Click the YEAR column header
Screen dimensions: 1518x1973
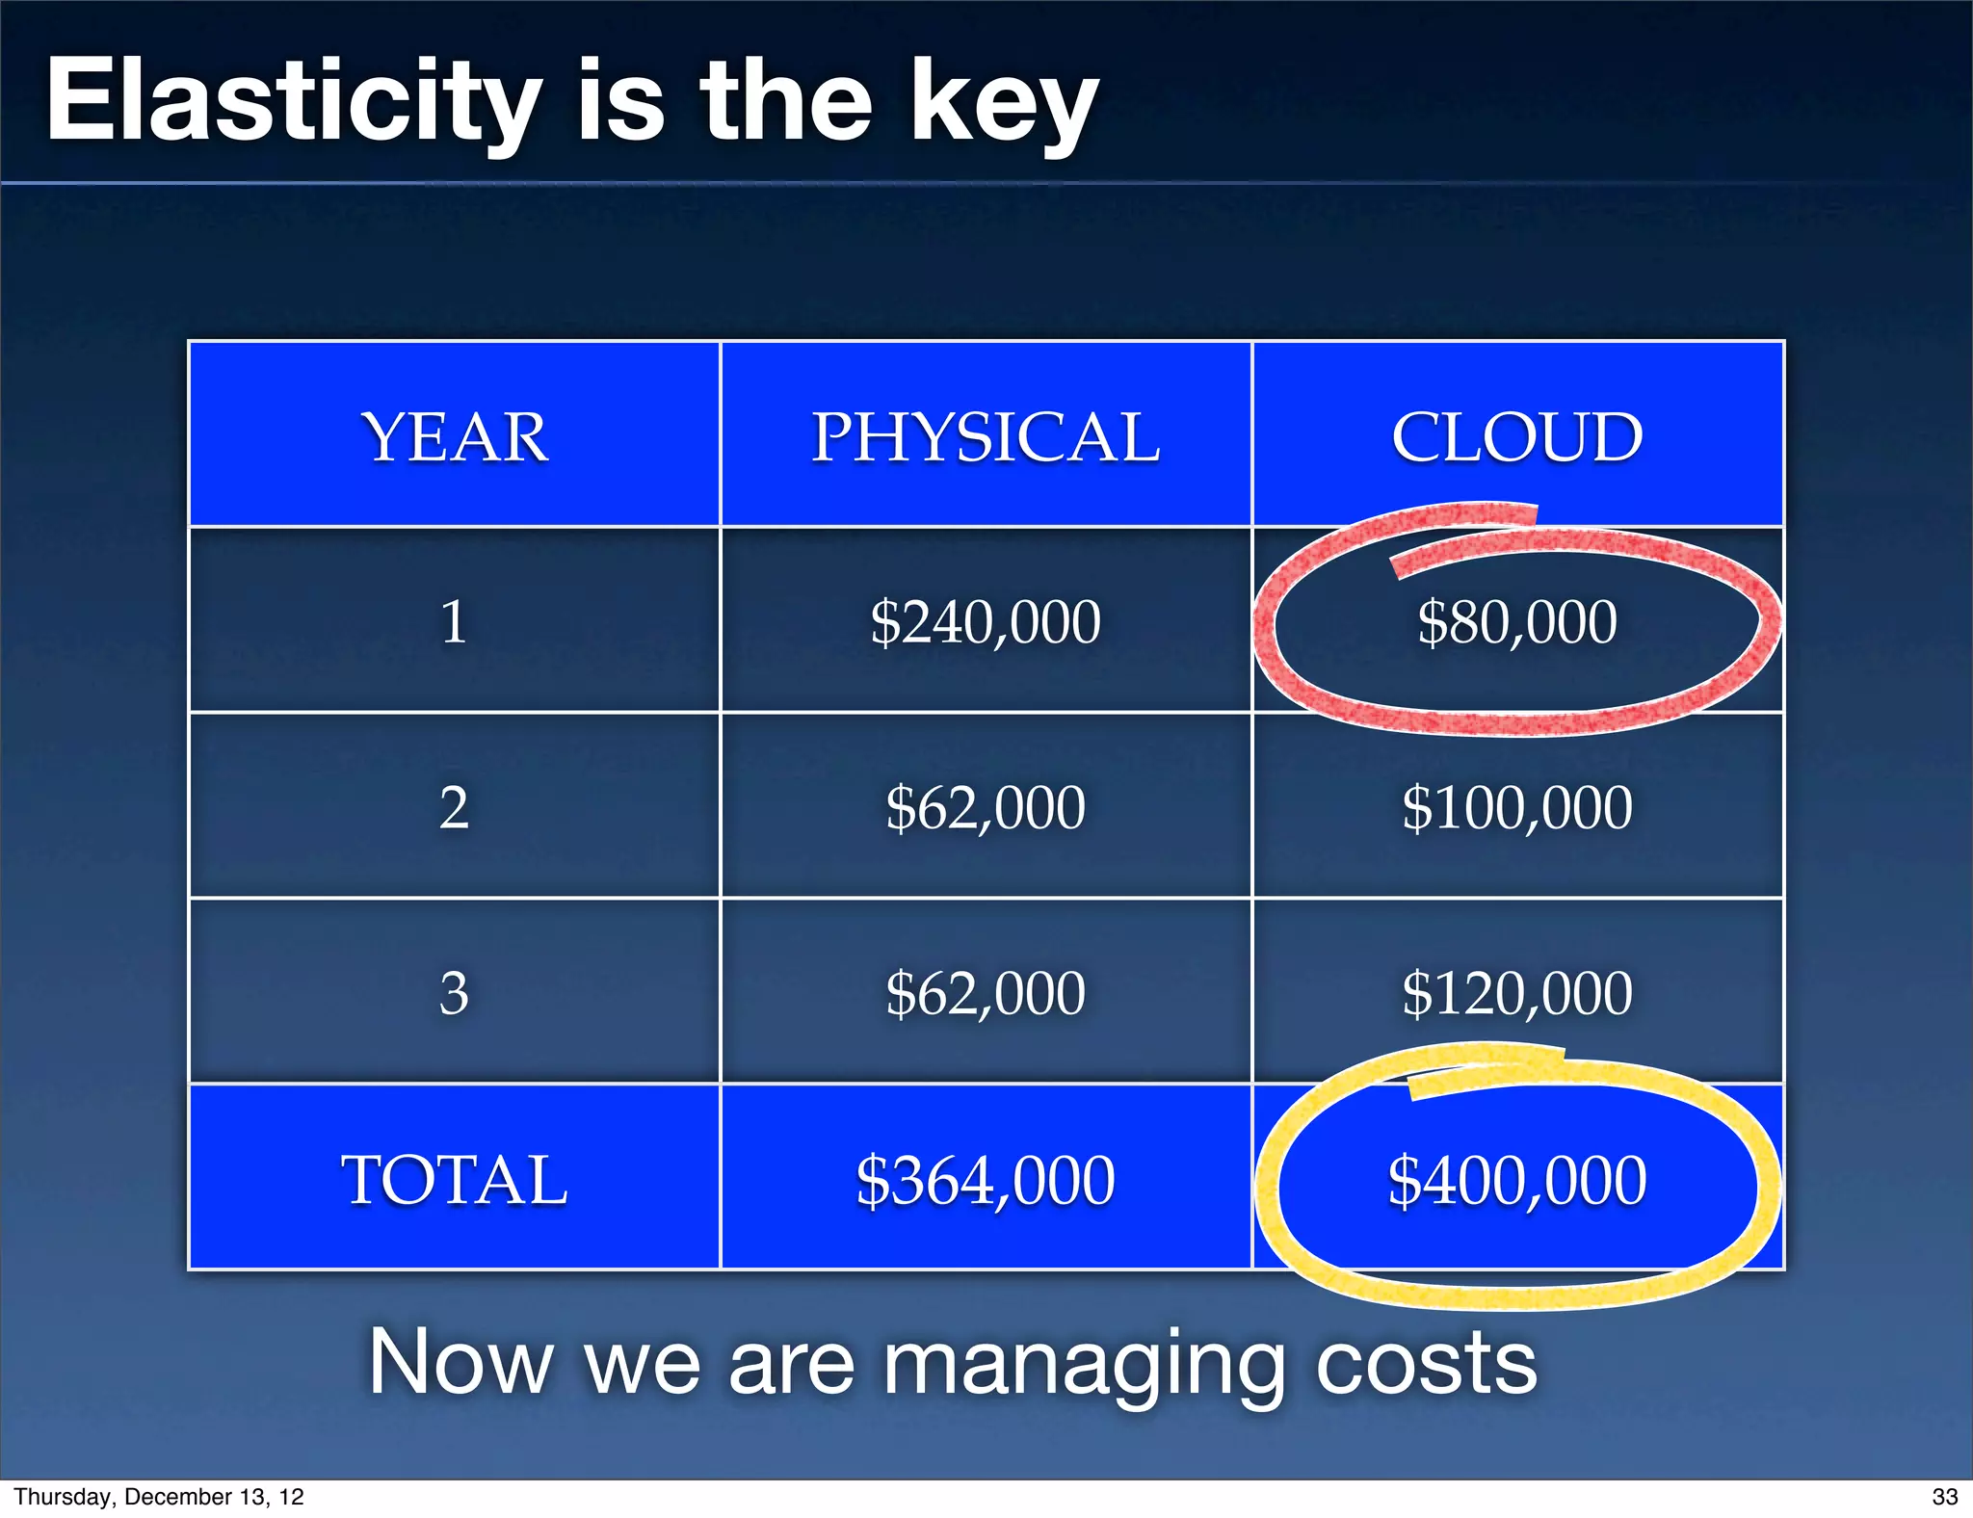pyautogui.click(x=455, y=437)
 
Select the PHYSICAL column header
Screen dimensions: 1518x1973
pyautogui.click(x=986, y=437)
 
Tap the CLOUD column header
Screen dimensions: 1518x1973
pyautogui.click(x=1517, y=437)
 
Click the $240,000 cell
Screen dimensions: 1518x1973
pyautogui.click(x=986, y=622)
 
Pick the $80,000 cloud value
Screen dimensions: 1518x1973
pyautogui.click(x=1517, y=622)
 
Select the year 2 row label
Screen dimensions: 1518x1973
pyautogui.click(x=454, y=807)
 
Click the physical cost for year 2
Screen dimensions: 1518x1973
pyautogui.click(x=986, y=807)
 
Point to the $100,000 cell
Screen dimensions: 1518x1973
pyautogui.click(x=1517, y=807)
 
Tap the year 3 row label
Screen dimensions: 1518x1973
pyautogui.click(x=454, y=993)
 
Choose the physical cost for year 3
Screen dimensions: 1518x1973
pyautogui.click(x=986, y=993)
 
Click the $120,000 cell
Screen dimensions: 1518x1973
pyautogui.click(x=1517, y=993)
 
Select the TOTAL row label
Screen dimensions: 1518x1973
pyautogui.click(x=454, y=1180)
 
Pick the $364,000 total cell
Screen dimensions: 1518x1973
pyautogui.click(x=986, y=1180)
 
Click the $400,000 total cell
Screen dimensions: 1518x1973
pyautogui.click(x=1517, y=1180)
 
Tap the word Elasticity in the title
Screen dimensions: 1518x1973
pyautogui.click(x=294, y=101)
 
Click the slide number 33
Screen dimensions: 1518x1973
pyautogui.click(x=1944, y=1497)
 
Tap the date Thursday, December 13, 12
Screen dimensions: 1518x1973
pyautogui.click(x=159, y=1497)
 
